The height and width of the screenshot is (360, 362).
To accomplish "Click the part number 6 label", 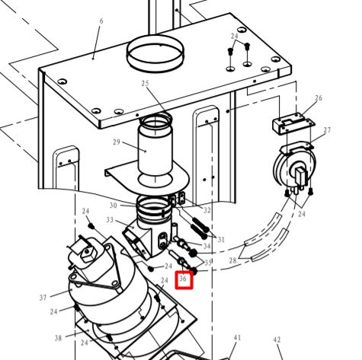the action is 101,21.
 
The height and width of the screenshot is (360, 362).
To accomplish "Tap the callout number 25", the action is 145,83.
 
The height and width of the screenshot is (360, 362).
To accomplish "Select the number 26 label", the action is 319,97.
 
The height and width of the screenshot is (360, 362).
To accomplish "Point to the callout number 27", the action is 327,130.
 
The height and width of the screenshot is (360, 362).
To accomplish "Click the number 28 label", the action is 232,260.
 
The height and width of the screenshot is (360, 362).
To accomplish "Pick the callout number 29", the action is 117,142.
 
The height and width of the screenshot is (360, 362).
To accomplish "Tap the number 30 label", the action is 114,205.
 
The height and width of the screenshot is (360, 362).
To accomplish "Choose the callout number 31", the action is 221,239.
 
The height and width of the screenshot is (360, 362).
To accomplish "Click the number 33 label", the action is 110,220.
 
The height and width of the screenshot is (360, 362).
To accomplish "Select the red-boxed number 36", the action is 183,279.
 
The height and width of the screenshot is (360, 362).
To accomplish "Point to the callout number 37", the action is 43,298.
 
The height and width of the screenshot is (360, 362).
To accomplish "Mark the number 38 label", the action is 58,338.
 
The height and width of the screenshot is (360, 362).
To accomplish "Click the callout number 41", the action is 237,338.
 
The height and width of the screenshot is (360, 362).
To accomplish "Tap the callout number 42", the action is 277,339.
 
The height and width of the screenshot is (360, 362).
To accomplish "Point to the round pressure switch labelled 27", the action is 296,167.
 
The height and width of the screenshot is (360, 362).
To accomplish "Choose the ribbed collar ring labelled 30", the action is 154,206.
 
